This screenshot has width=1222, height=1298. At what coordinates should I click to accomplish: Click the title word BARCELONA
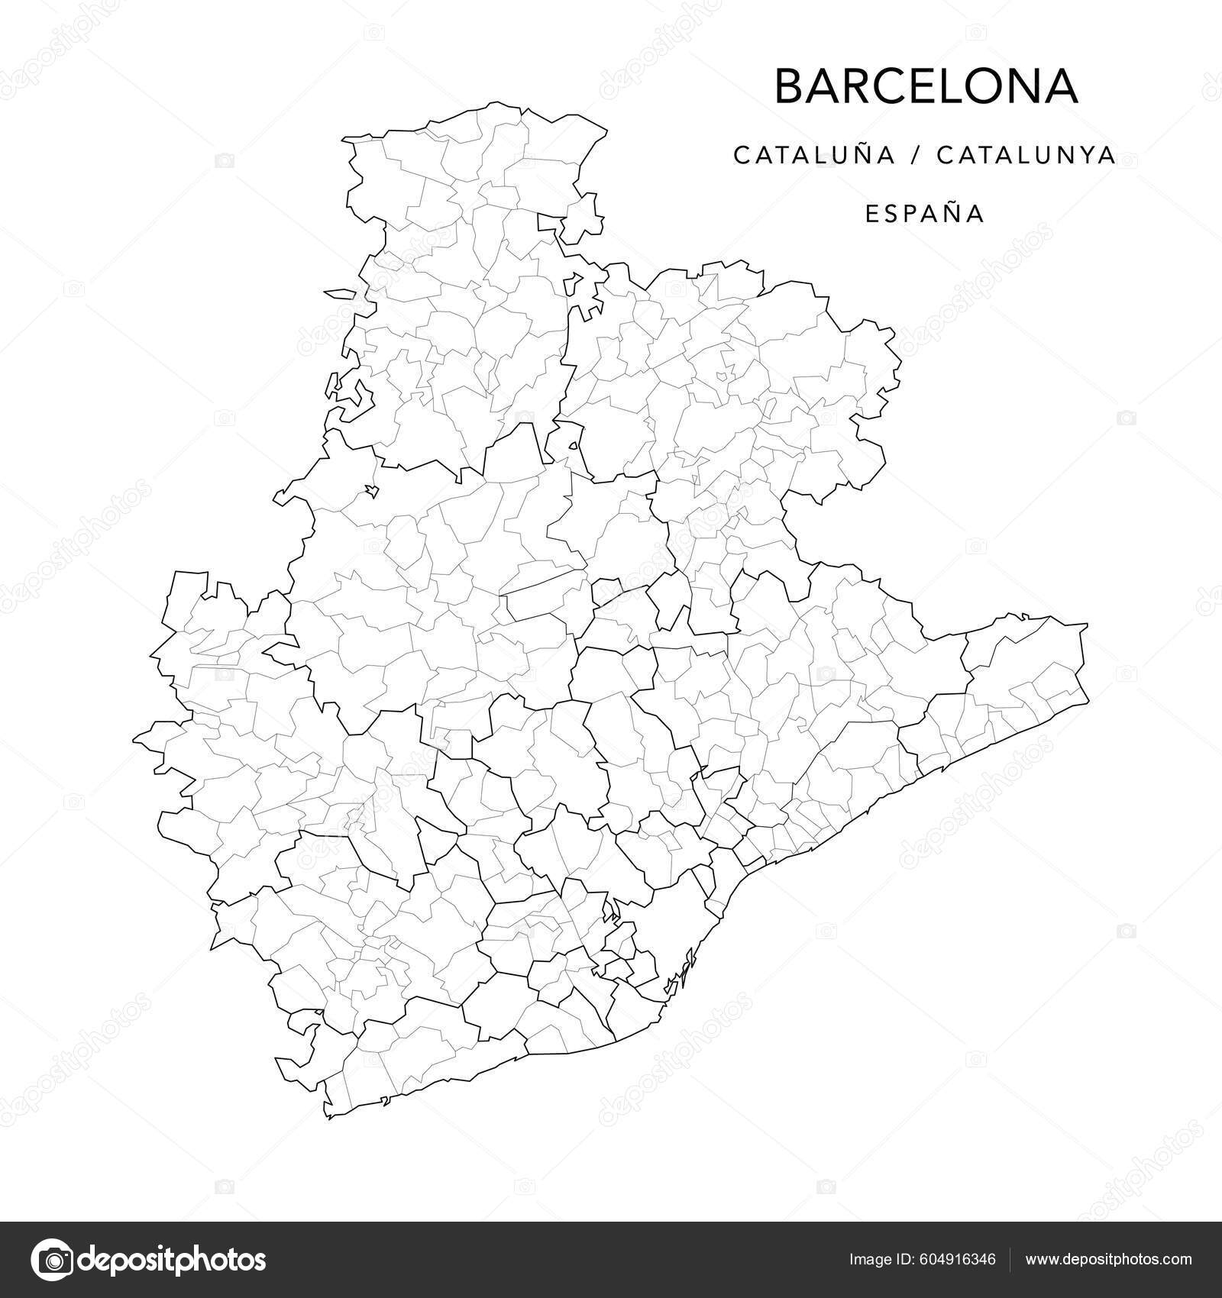click(926, 86)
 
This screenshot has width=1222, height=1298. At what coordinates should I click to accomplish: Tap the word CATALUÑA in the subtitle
click(813, 155)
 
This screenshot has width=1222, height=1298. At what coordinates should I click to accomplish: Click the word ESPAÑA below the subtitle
click(925, 214)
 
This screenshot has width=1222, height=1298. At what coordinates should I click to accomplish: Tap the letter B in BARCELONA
click(790, 86)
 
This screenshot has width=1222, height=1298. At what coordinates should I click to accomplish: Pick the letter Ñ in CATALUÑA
click(858, 154)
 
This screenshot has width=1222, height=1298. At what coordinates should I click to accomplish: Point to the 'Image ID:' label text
click(876, 1259)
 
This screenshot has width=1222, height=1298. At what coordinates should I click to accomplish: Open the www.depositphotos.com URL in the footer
click(1108, 1259)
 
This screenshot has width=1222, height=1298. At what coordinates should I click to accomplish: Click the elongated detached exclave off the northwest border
click(340, 292)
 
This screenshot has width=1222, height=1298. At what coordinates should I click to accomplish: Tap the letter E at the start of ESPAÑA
click(871, 214)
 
